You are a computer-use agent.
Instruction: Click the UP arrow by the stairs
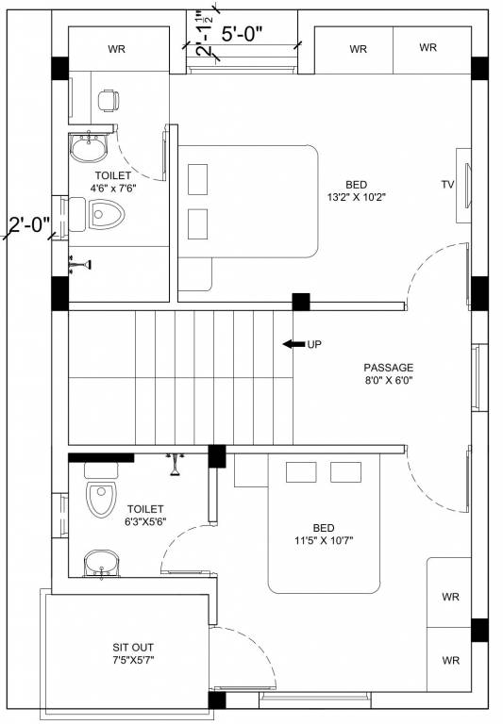click(x=293, y=344)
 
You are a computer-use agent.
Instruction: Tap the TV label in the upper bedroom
click(x=447, y=185)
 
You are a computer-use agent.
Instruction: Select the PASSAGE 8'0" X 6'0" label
click(x=389, y=374)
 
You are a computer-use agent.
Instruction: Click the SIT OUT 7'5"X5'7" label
click(x=133, y=653)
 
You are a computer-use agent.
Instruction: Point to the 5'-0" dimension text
click(x=242, y=34)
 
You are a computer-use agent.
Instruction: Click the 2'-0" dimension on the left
click(x=29, y=225)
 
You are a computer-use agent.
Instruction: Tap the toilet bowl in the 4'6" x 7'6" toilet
click(x=106, y=214)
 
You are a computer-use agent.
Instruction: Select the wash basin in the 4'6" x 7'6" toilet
click(x=89, y=147)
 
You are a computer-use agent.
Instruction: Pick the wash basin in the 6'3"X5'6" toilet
click(x=102, y=564)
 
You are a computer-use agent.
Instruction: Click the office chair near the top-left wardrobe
click(x=109, y=101)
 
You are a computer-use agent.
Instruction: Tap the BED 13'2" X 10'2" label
click(x=357, y=191)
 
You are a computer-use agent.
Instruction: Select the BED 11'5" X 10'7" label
click(x=324, y=535)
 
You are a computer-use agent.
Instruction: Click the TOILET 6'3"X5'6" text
click(x=146, y=516)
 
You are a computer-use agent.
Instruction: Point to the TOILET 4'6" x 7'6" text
click(x=113, y=181)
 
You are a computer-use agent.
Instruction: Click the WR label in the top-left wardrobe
click(x=116, y=49)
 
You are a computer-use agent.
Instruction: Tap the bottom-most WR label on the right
click(x=451, y=660)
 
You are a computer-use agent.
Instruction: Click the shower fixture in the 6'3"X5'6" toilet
click(x=176, y=464)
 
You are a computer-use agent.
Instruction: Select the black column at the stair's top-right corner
click(x=301, y=302)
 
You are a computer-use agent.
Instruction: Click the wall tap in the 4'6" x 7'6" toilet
click(x=79, y=265)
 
